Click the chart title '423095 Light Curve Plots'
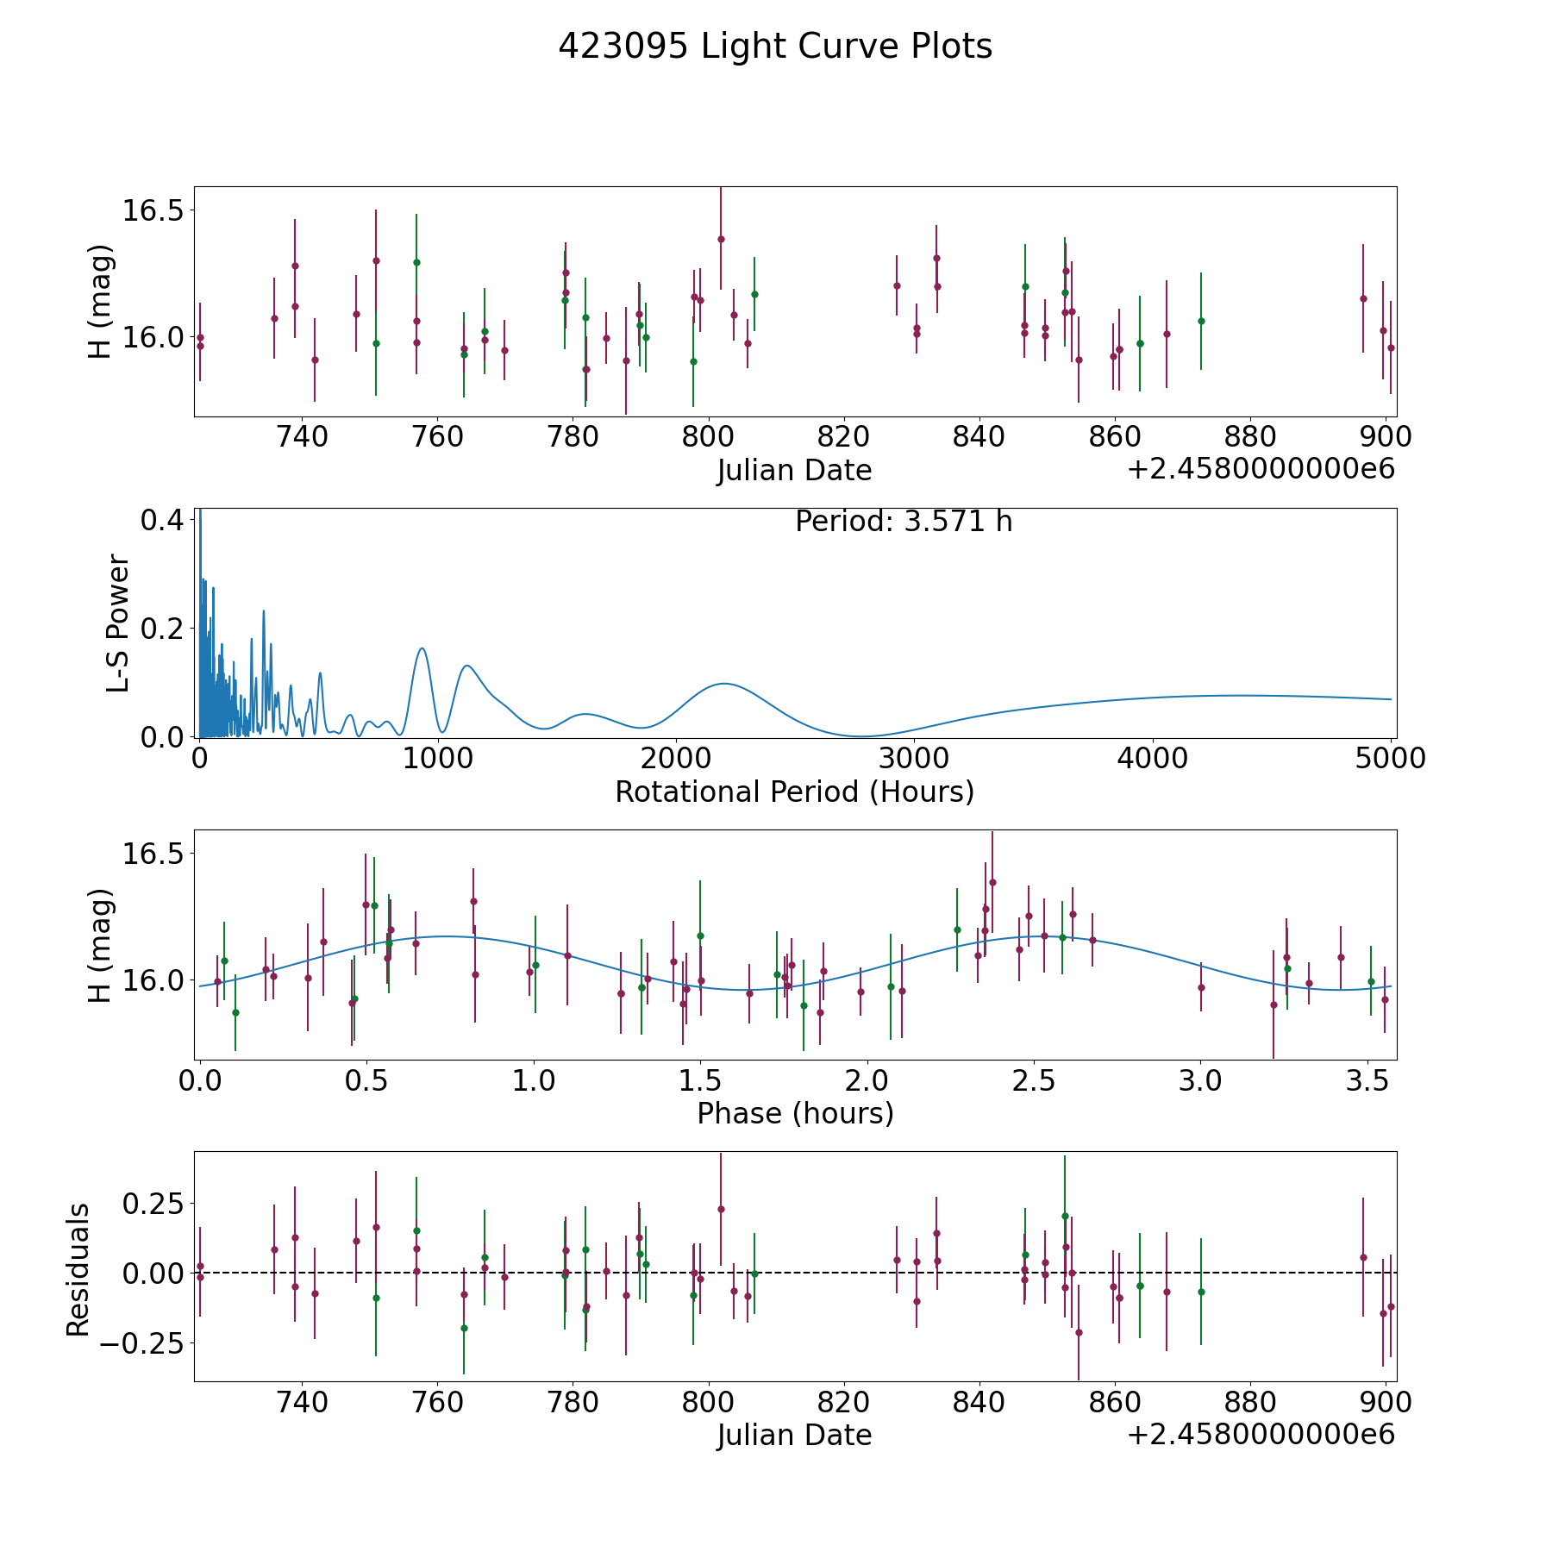point(775,47)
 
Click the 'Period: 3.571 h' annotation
point(904,522)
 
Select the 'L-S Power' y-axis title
point(119,623)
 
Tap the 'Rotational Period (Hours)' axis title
point(794,792)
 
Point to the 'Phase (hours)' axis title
point(795,1113)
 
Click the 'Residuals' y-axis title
point(78,1270)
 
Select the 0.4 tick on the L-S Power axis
point(161,520)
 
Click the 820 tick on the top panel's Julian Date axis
point(843,436)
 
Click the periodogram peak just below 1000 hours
point(422,648)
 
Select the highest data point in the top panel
point(721,239)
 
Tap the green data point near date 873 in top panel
point(1201,321)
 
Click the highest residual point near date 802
point(721,1209)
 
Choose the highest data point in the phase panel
point(992,882)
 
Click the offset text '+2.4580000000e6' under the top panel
point(1261,469)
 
